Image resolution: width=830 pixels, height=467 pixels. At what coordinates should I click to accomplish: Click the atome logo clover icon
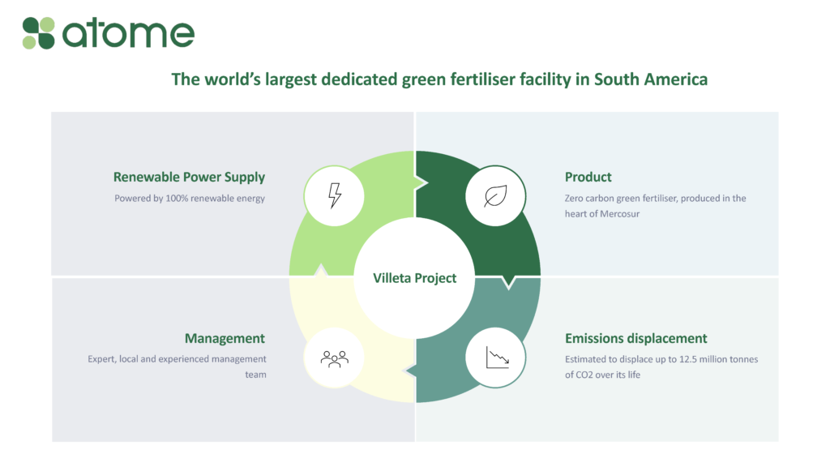click(x=38, y=32)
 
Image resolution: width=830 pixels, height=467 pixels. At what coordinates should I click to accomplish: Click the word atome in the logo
click(x=129, y=33)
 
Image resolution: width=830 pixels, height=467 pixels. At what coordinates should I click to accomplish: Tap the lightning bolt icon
click(x=335, y=195)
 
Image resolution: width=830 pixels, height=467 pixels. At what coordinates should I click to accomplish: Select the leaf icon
click(x=495, y=196)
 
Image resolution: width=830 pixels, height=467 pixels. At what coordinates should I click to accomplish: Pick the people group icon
click(x=335, y=359)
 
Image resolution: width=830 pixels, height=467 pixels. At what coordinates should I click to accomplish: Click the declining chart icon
click(x=498, y=358)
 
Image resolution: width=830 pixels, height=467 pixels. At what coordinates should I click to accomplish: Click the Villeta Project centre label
click(x=414, y=278)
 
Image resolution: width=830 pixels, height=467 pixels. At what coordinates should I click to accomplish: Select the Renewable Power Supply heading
click(x=189, y=178)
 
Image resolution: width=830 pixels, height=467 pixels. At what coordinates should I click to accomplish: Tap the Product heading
click(x=588, y=177)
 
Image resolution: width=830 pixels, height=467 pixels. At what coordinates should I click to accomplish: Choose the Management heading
click(x=225, y=338)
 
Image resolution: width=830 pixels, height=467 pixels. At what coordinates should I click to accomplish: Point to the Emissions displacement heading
click(x=635, y=338)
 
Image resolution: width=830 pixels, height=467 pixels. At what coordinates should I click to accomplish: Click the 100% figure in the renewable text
click(x=177, y=199)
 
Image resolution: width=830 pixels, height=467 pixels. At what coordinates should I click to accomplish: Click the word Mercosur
click(x=620, y=214)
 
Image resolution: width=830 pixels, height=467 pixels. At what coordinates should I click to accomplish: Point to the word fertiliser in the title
click(x=483, y=79)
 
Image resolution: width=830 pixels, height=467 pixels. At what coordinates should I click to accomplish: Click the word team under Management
click(x=255, y=375)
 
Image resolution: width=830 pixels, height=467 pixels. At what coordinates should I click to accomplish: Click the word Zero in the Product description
click(x=574, y=199)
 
